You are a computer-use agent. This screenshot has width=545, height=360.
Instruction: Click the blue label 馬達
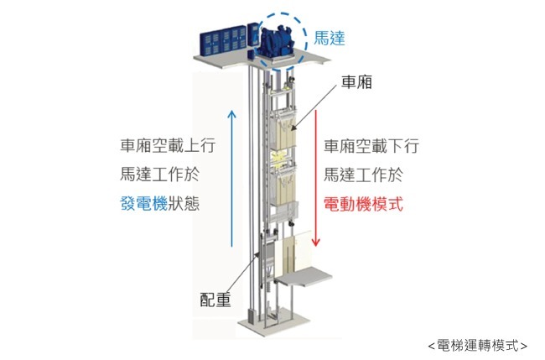330,38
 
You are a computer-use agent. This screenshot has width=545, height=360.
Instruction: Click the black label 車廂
357,81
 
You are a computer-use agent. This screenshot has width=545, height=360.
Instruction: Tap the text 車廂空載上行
168,145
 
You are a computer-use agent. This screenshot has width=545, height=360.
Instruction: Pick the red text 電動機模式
363,203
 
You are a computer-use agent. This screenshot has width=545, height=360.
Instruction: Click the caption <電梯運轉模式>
477,344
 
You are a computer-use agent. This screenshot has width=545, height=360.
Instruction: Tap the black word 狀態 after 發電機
184,203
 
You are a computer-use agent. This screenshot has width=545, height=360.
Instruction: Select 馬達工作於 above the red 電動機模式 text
363,175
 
